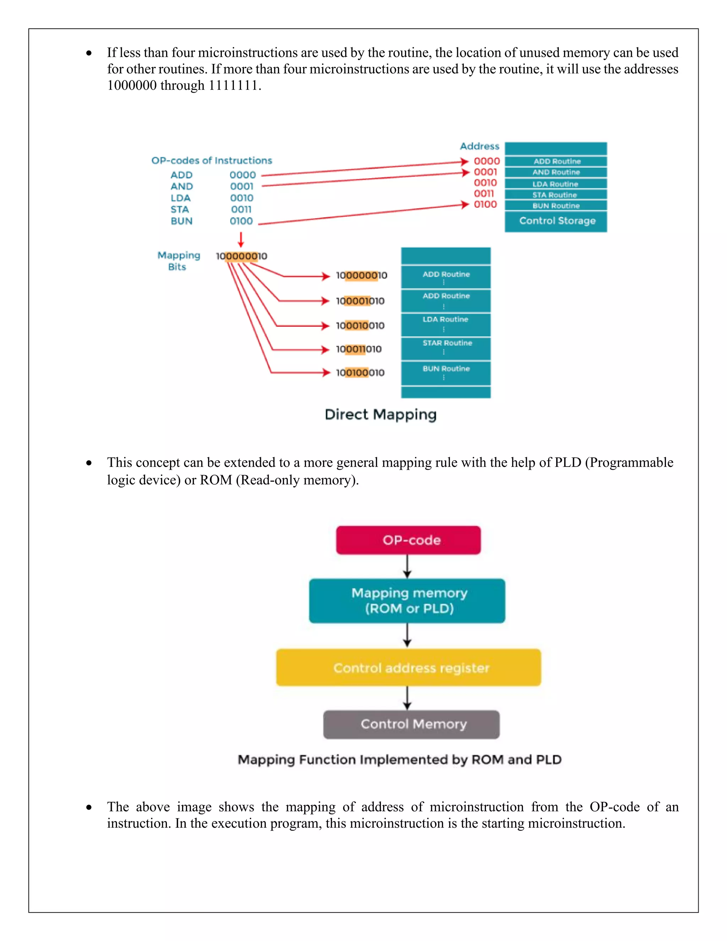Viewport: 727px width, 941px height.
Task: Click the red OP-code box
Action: [x=408, y=540]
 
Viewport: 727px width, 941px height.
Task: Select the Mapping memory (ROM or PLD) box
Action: [x=407, y=600]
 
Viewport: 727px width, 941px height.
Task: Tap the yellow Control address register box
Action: [x=408, y=668]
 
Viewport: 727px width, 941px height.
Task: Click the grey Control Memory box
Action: [x=411, y=724]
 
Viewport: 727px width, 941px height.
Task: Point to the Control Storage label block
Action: [x=556, y=221]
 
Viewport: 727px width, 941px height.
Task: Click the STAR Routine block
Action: [x=446, y=348]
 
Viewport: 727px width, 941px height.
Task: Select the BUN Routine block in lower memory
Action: [x=446, y=372]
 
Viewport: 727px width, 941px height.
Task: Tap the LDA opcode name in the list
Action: [x=180, y=198]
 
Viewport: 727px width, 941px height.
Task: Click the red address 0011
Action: [x=484, y=194]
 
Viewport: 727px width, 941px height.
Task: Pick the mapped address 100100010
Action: [x=360, y=373]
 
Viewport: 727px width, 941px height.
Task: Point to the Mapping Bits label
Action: [x=178, y=261]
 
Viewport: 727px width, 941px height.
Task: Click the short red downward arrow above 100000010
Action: [x=241, y=240]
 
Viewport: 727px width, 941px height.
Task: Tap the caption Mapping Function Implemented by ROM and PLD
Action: [x=400, y=760]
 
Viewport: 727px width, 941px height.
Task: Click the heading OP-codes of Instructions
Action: [x=212, y=161]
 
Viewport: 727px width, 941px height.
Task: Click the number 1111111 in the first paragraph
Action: [x=233, y=85]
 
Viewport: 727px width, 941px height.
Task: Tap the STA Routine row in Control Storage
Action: [x=556, y=195]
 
